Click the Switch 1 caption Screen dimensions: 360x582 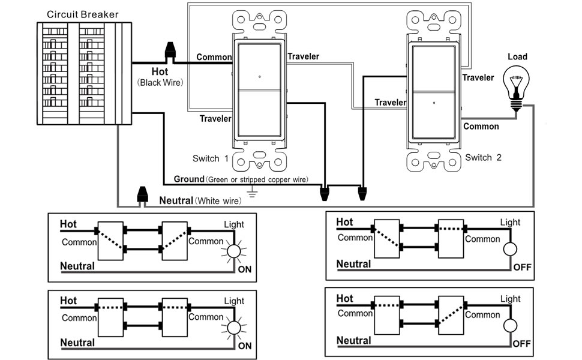pyautogui.click(x=211, y=159)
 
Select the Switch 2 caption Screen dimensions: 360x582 pyautogui.click(x=483, y=158)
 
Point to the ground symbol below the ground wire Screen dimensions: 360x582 pyautogui.click(x=253, y=193)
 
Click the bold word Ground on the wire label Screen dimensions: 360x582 pyautogui.click(x=189, y=179)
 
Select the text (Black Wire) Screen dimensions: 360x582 pyautogui.click(x=160, y=82)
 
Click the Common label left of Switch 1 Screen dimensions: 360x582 pyautogui.click(x=214, y=58)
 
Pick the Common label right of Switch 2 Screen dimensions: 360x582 pyautogui.click(x=481, y=127)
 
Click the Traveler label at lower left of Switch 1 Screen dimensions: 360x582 pyautogui.click(x=215, y=119)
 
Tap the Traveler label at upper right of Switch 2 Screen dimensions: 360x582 pyautogui.click(x=478, y=77)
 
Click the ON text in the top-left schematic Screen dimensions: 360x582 pyautogui.click(x=245, y=270)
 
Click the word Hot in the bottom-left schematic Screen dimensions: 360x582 pyautogui.click(x=68, y=301)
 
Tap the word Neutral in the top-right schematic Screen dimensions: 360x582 pyautogui.click(x=353, y=264)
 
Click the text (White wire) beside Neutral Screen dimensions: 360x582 pyautogui.click(x=218, y=200)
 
